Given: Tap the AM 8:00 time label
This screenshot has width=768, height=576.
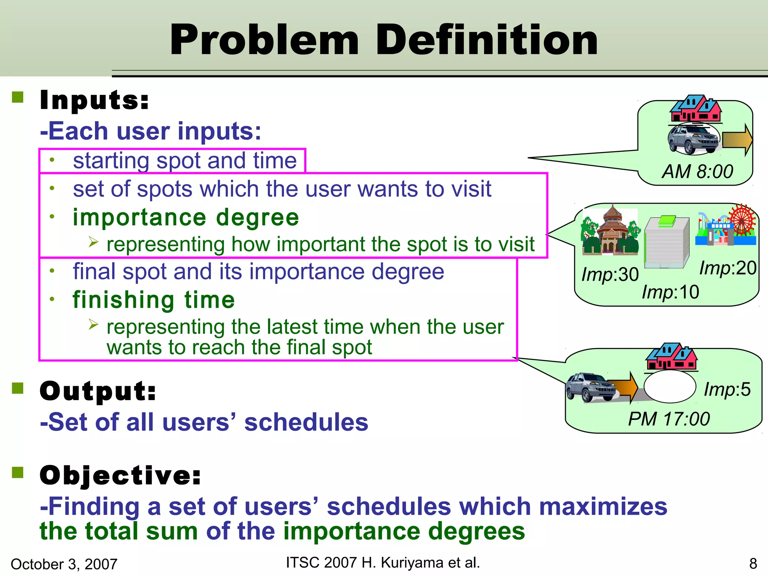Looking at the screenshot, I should click(697, 172).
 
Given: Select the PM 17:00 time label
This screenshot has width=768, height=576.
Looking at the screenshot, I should click(669, 419).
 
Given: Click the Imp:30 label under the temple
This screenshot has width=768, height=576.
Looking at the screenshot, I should click(610, 274).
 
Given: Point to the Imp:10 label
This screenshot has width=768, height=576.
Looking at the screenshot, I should click(670, 292).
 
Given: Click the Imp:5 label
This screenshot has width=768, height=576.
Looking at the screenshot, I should click(727, 389).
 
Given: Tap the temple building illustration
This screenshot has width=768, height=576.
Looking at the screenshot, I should click(610, 231).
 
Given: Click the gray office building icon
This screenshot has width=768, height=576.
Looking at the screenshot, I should click(667, 242).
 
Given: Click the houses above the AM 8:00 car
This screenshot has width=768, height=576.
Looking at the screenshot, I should click(696, 108).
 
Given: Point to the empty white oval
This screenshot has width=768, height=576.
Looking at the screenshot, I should click(669, 387).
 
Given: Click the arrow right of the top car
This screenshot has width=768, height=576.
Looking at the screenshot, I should click(737, 140).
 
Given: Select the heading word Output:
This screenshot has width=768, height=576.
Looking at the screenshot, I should click(98, 391).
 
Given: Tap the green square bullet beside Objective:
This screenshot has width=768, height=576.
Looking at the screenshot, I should click(18, 473).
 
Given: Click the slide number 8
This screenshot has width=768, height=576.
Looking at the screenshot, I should click(753, 564).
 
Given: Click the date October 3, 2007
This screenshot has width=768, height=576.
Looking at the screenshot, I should click(64, 564).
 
